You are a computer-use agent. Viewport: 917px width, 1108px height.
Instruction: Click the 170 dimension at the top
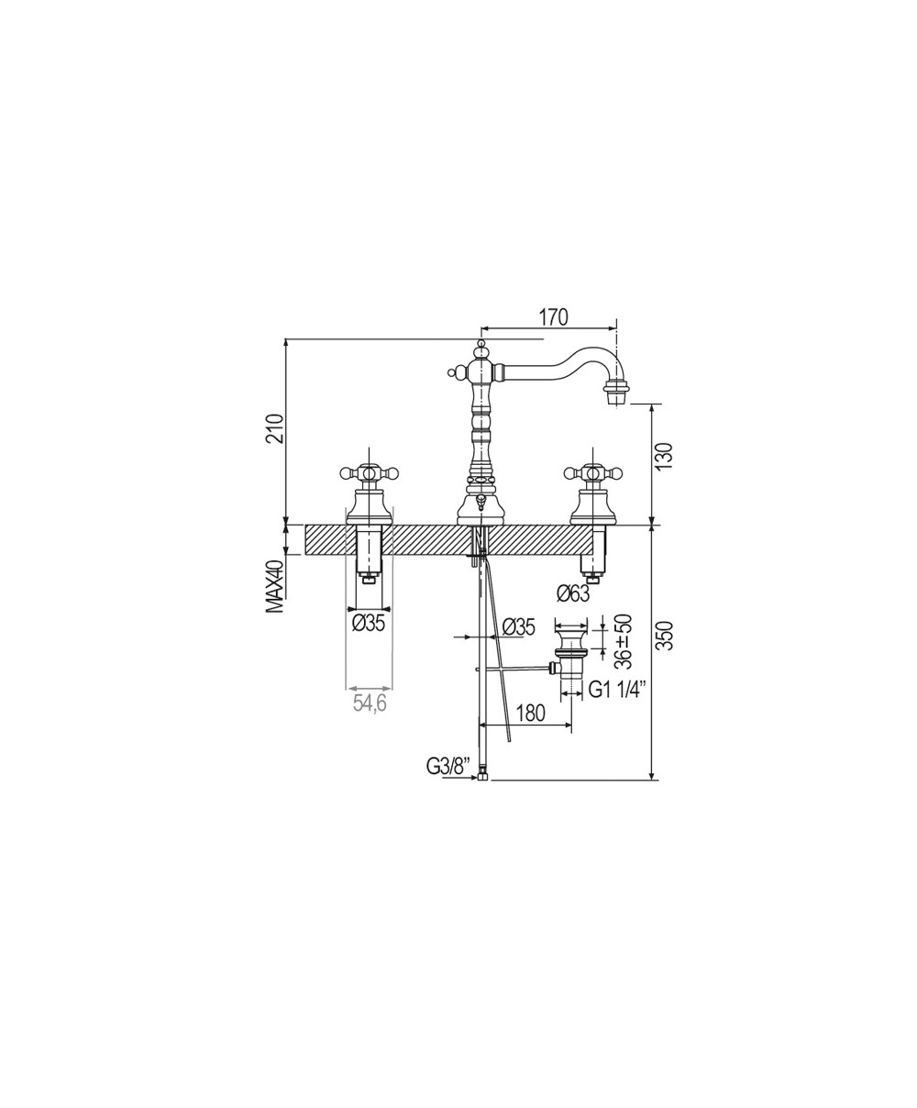(554, 316)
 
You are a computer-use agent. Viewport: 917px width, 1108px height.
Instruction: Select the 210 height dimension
(277, 427)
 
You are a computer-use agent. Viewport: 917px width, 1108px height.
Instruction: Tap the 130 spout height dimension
(665, 455)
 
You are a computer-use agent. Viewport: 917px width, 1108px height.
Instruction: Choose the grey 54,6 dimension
(370, 704)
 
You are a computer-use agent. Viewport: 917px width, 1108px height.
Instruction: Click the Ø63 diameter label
(572, 593)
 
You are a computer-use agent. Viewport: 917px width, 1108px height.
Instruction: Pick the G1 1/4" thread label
(616, 690)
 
